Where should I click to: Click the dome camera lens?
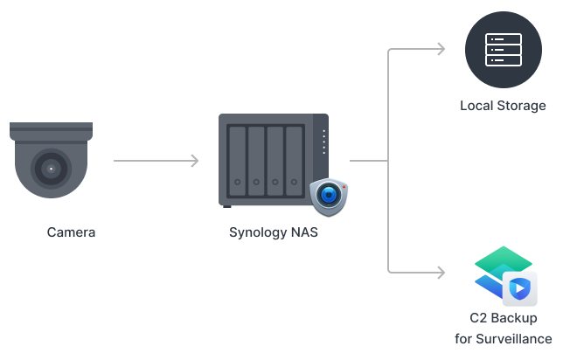51,168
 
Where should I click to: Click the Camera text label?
71,232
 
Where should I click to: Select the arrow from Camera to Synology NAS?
157,161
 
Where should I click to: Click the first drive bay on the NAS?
237,162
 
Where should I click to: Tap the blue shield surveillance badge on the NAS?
329,196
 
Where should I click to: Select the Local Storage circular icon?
503,50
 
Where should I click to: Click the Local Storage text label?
503,106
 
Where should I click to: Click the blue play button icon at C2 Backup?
519,287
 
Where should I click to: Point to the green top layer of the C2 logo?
503,260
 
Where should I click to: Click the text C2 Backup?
503,318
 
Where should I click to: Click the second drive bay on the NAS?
256,162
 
